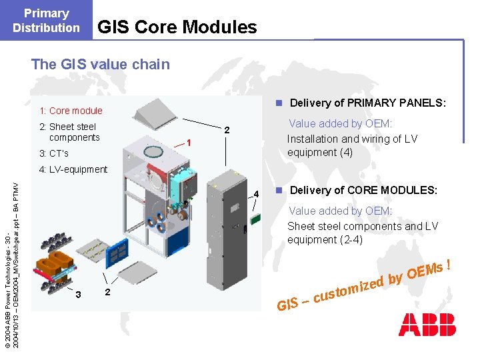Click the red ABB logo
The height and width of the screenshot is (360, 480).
427,324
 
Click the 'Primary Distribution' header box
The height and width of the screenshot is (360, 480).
46,20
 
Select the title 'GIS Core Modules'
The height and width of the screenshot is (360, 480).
177,27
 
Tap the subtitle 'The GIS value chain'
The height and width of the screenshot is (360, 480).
101,65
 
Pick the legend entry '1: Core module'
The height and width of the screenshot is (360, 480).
71,111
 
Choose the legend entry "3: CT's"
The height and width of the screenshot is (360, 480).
54,154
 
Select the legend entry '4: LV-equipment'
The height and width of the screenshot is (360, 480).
73,169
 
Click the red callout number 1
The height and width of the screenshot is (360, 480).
189,143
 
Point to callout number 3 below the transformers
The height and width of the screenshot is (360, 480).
78,295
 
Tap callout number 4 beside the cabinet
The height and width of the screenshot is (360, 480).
255,195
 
